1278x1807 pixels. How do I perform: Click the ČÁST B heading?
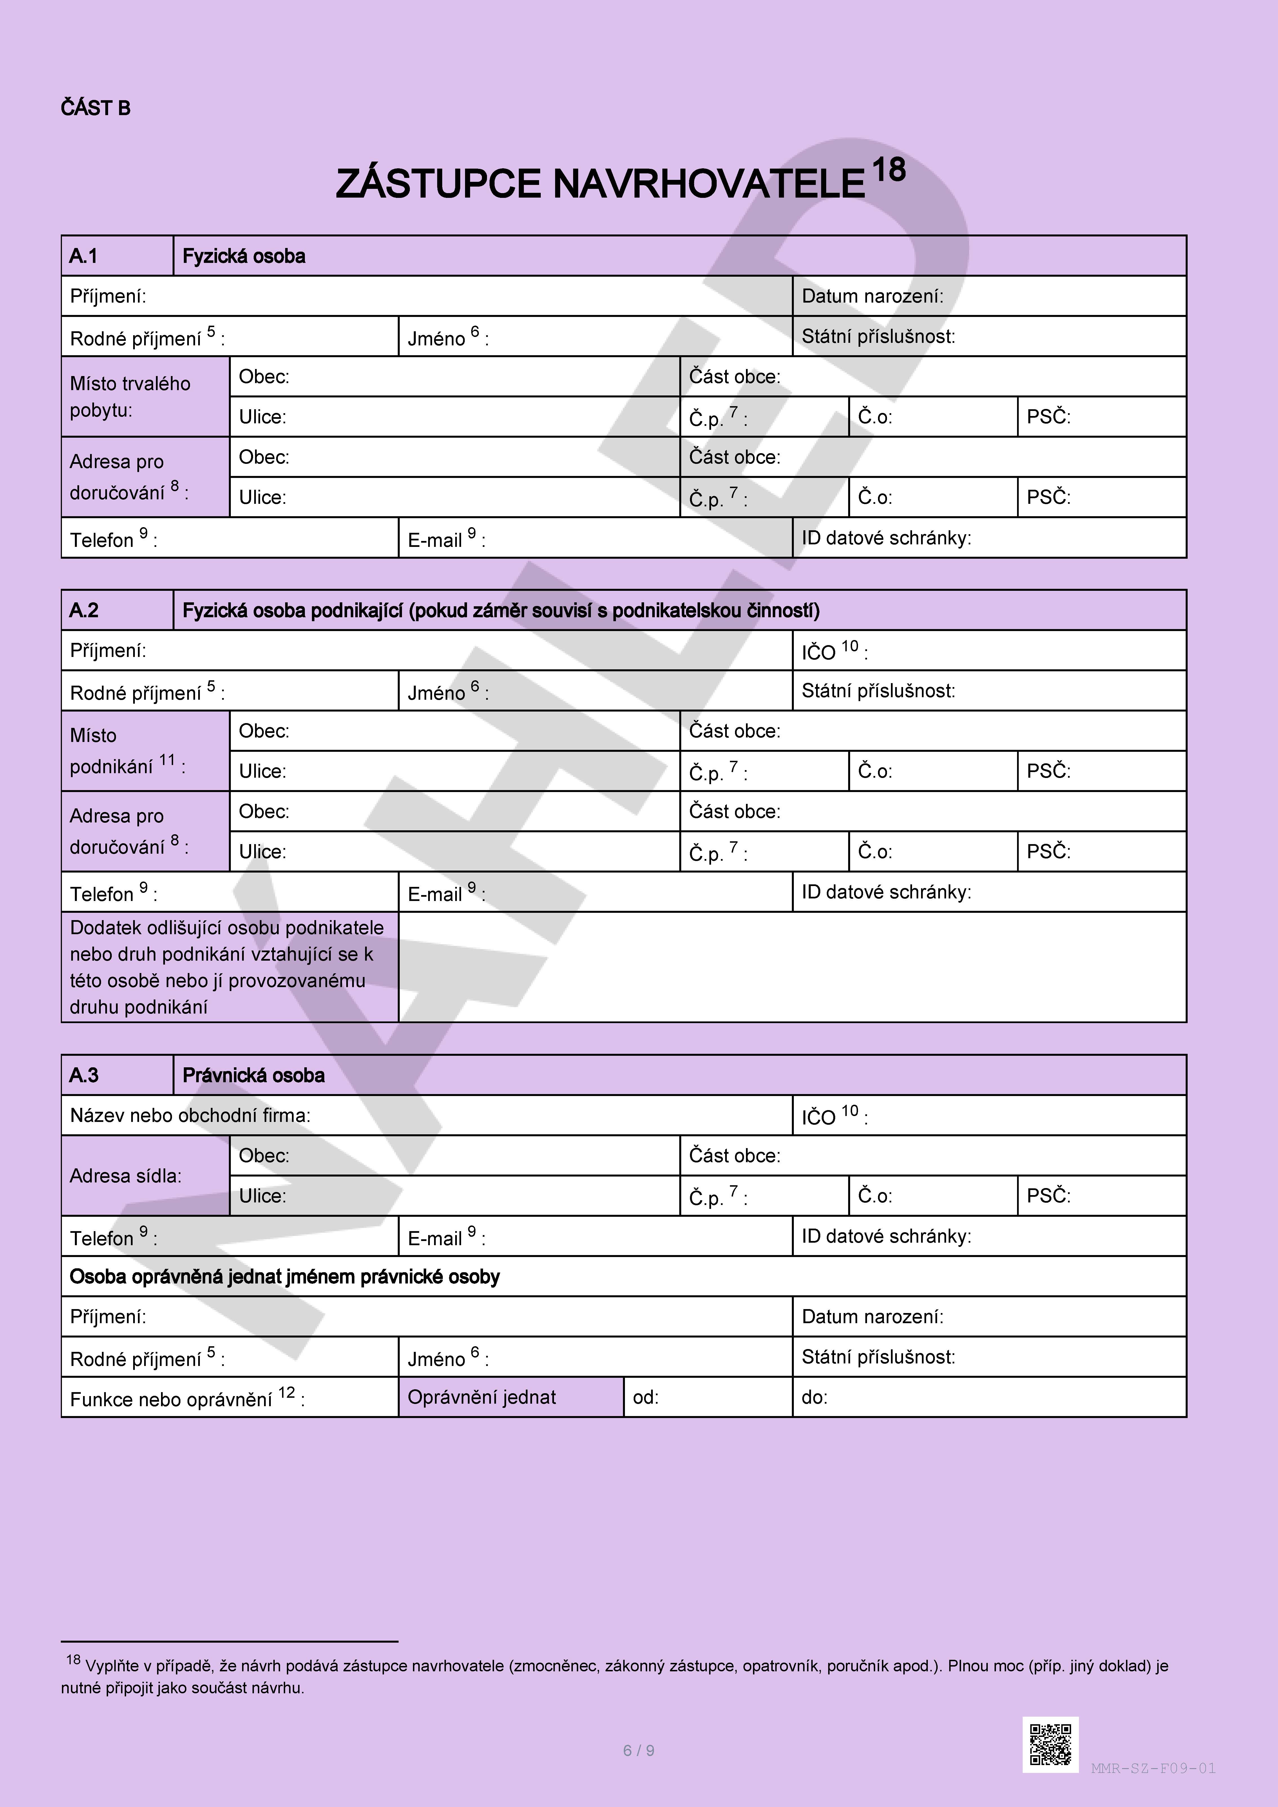tap(95, 109)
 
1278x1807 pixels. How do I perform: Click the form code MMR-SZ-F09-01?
tap(1153, 1768)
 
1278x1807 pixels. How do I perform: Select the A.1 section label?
tap(84, 257)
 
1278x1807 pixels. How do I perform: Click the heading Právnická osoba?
tap(253, 1076)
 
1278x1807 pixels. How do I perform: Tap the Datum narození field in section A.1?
tap(988, 297)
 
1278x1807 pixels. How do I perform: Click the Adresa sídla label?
tap(126, 1176)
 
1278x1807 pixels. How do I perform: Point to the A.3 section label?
tap(84, 1076)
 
